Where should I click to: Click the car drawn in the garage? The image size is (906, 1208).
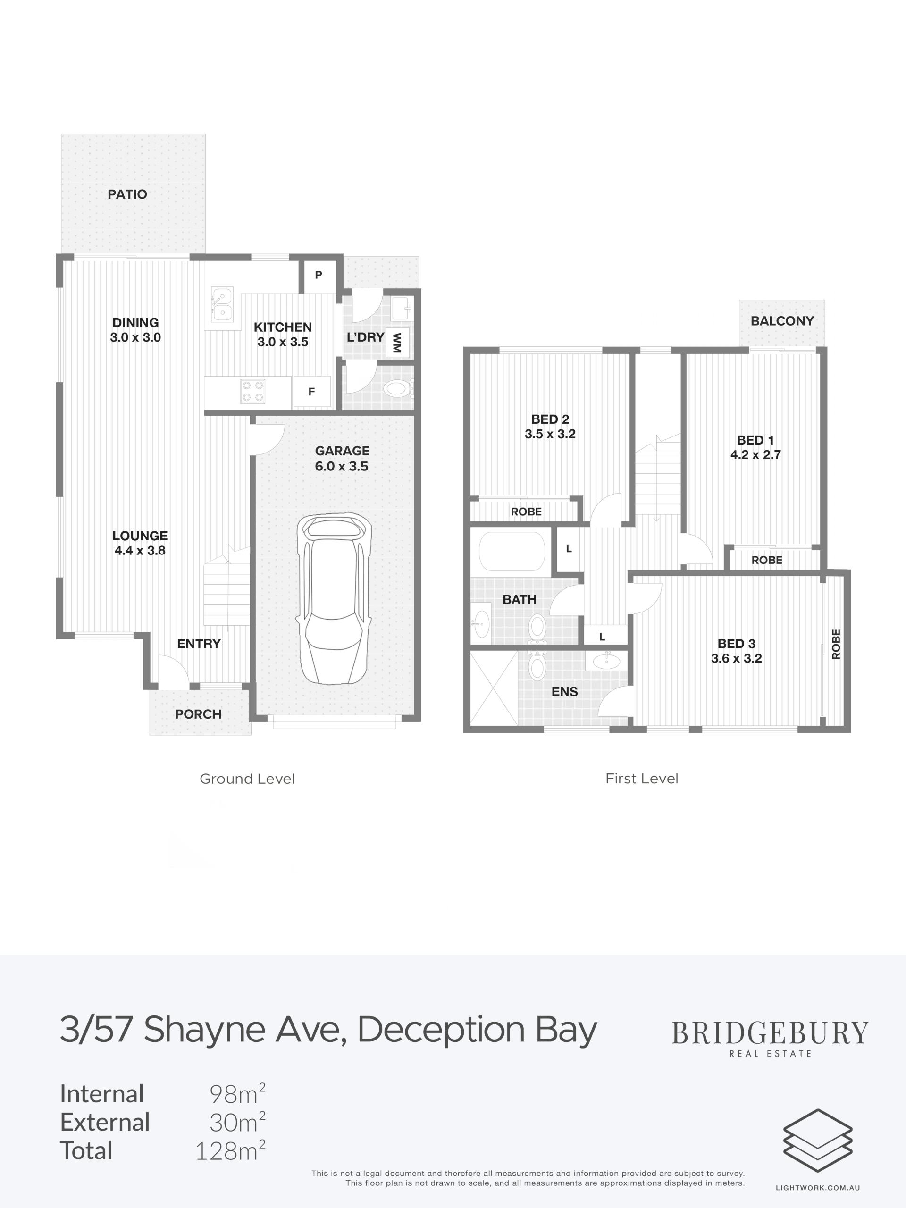point(333,598)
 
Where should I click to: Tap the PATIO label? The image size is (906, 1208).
point(127,194)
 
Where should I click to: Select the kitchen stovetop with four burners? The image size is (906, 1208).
point(253,392)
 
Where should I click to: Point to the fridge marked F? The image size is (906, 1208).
point(312,392)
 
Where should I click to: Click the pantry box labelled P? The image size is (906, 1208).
point(319,275)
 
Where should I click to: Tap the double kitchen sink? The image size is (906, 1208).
point(222,305)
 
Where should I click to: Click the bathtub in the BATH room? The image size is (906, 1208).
point(512,552)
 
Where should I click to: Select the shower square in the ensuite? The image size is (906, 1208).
point(494,688)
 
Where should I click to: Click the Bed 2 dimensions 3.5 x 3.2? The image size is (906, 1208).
point(550,434)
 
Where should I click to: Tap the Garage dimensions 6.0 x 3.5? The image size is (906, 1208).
point(342,466)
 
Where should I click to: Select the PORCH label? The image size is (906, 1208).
point(198,714)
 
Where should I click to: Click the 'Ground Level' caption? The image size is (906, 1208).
point(247,779)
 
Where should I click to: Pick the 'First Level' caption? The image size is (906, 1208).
point(642,778)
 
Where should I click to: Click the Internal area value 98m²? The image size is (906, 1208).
point(237,1093)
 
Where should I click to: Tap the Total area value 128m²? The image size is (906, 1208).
point(230,1150)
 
